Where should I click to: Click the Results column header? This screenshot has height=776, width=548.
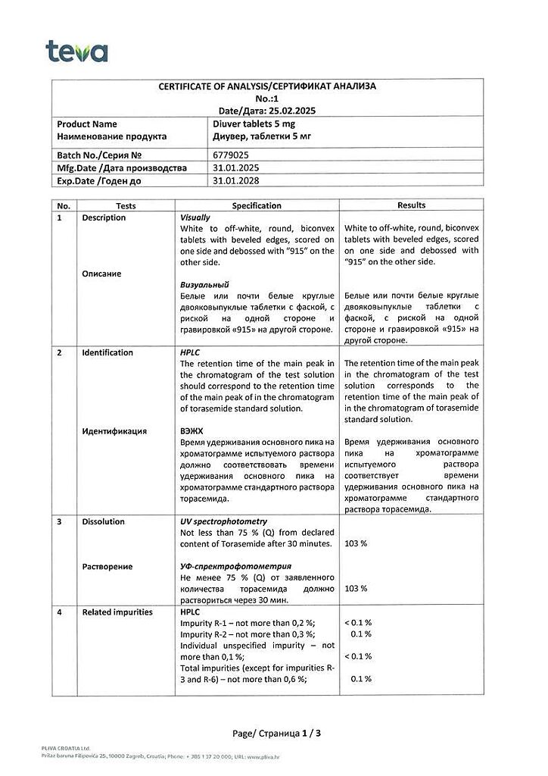click(411, 205)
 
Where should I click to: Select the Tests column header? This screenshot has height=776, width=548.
click(126, 205)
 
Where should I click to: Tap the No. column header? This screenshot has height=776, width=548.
click(64, 205)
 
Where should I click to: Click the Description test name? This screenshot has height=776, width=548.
click(104, 217)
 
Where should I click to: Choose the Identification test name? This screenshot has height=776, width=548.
click(107, 352)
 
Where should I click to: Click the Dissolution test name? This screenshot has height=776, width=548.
click(104, 521)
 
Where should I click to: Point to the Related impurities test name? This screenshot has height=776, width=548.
click(117, 612)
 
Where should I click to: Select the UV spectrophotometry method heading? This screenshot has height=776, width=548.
click(223, 521)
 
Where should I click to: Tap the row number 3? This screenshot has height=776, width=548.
click(60, 521)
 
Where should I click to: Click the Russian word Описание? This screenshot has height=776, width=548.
click(102, 274)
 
